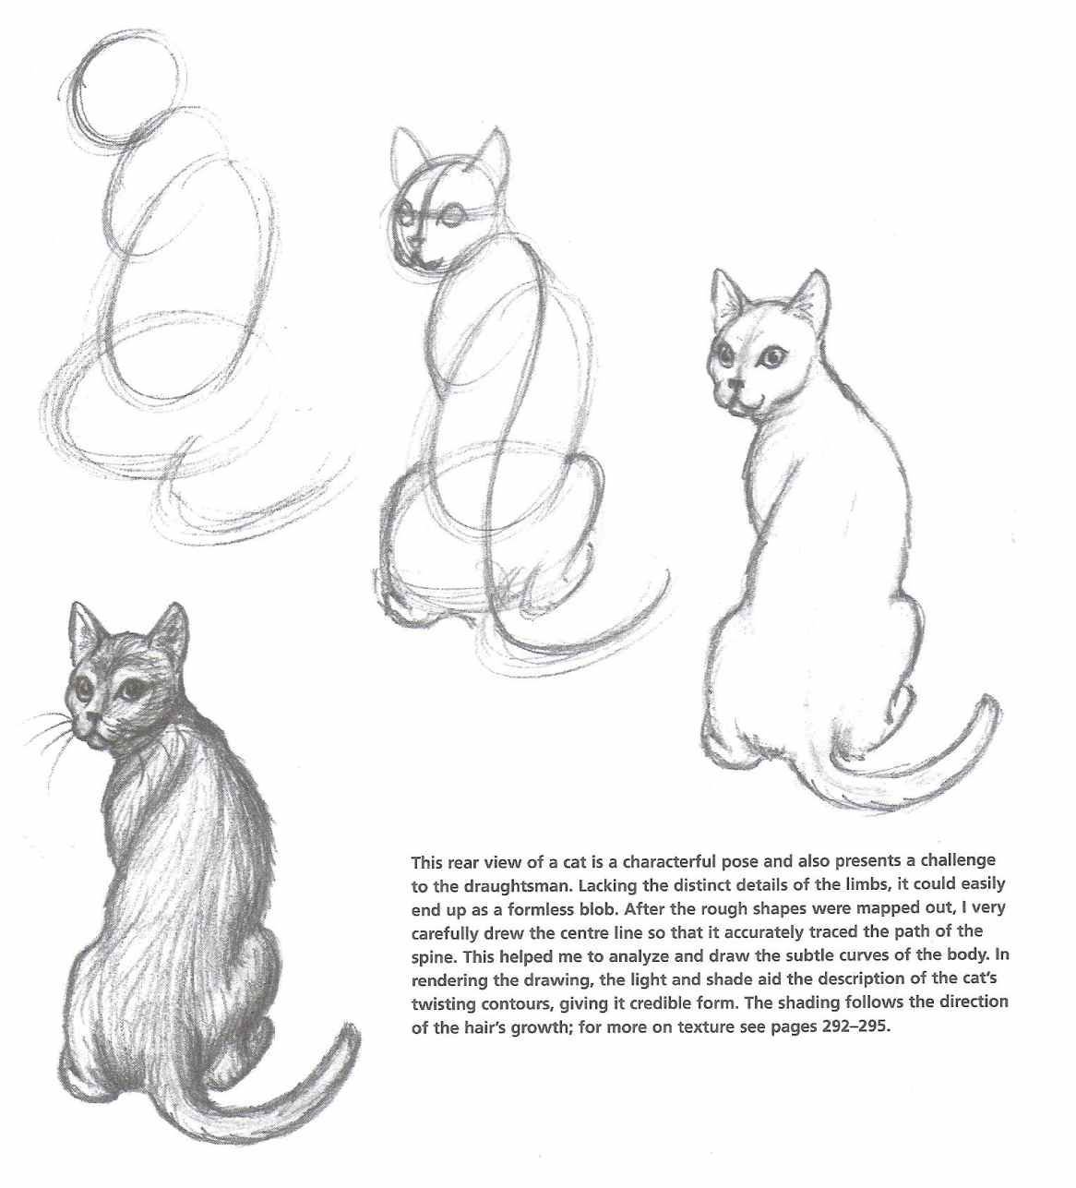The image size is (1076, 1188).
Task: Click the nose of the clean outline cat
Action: [x=737, y=386]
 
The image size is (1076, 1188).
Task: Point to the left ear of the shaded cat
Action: [x=83, y=630]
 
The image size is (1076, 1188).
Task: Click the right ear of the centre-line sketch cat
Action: [x=494, y=153]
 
